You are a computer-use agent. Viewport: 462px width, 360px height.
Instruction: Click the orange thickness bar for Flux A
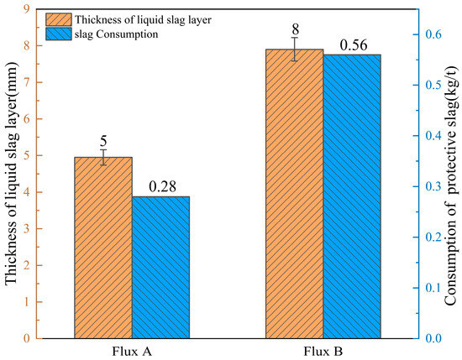pos(103,248)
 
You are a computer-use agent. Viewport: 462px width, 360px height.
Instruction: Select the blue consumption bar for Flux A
pos(160,268)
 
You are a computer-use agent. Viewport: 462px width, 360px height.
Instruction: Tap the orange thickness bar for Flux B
pos(294,194)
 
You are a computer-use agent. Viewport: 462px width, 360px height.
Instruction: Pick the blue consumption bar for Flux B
pos(352,196)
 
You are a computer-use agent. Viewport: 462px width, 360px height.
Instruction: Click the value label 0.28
pos(162,186)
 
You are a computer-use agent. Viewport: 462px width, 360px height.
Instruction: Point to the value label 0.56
pos(354,45)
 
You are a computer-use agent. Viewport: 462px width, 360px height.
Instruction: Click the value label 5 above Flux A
pos(103,141)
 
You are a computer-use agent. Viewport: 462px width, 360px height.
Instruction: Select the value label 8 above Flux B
pos(295,29)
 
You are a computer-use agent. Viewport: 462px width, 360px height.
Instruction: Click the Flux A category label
pos(132,352)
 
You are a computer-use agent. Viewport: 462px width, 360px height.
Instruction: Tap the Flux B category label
pos(323,352)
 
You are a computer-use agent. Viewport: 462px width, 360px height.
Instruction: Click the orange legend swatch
pos(59,19)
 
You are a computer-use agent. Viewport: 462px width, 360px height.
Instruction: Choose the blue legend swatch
pos(59,34)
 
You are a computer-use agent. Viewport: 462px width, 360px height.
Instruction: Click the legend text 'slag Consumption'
pos(117,34)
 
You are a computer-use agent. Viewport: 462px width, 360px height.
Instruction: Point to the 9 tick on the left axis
pos(27,9)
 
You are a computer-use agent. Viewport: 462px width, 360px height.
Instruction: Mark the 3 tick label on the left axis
pos(27,229)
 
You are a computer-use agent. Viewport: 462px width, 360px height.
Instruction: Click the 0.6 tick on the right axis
pos(433,34)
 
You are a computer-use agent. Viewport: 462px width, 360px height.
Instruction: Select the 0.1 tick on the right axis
pos(433,288)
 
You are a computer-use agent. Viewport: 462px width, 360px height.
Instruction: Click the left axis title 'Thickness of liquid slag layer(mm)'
pos(11,174)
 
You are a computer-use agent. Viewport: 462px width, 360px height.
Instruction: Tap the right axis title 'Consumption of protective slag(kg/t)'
pos(451,186)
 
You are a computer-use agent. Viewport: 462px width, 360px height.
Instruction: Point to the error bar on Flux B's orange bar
pos(295,49)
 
